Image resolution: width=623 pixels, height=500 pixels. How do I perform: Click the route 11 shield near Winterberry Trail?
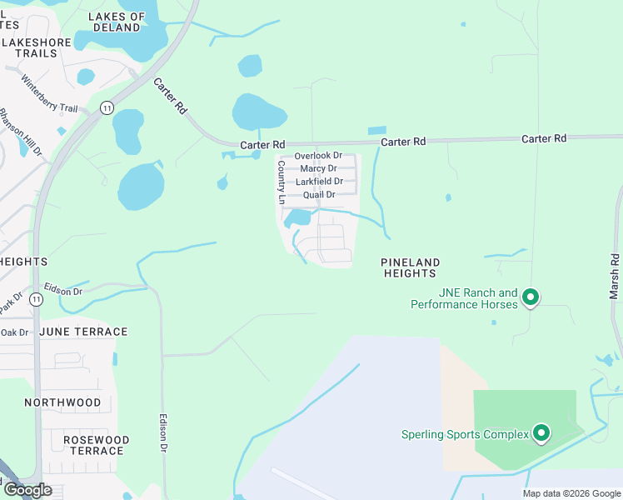pyautogui.click(x=107, y=107)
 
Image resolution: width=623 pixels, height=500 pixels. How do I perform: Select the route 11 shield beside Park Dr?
pyautogui.click(x=36, y=298)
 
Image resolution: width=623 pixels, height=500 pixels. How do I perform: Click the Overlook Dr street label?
pyautogui.click(x=318, y=156)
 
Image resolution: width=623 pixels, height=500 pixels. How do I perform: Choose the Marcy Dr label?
pyautogui.click(x=318, y=168)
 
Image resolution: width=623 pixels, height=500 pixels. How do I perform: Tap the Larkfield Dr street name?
pyautogui.click(x=319, y=181)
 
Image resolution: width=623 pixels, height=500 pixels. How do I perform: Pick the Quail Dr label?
pyautogui.click(x=319, y=195)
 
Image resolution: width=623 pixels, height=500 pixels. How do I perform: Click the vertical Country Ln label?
pyautogui.click(x=282, y=183)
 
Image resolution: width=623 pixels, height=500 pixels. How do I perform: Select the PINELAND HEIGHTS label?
pyautogui.click(x=409, y=267)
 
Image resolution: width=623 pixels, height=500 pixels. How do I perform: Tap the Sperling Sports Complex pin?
pyautogui.click(x=541, y=432)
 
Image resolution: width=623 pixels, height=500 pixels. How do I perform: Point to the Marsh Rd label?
pyautogui.click(x=615, y=275)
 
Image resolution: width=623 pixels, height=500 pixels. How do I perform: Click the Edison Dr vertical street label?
pyautogui.click(x=164, y=434)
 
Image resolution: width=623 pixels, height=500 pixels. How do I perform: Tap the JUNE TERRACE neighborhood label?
pyautogui.click(x=87, y=332)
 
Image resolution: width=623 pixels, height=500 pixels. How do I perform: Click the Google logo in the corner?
pyautogui.click(x=27, y=489)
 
